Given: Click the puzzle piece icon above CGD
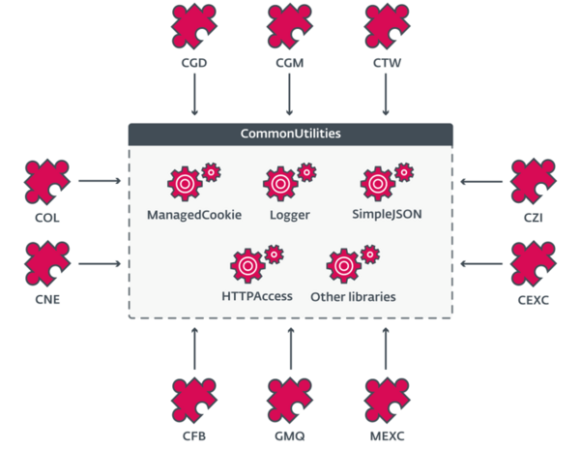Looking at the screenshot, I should (x=195, y=26).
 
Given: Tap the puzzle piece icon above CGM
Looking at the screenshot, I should (x=290, y=26).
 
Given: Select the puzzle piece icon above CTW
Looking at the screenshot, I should (x=386, y=26).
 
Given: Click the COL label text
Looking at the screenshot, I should (x=45, y=218).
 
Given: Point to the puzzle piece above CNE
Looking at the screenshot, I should (x=45, y=262).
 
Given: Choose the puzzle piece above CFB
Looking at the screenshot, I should (x=195, y=399).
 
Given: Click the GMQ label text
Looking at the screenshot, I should (x=290, y=436).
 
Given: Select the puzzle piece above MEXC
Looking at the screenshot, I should (x=386, y=399).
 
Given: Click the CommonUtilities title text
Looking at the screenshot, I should (x=290, y=133).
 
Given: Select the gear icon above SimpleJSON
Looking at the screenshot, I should (x=380, y=182).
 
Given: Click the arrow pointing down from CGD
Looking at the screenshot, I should (x=195, y=97).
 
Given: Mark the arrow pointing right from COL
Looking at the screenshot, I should (x=99, y=180).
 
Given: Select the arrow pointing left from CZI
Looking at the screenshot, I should (x=481, y=180).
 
